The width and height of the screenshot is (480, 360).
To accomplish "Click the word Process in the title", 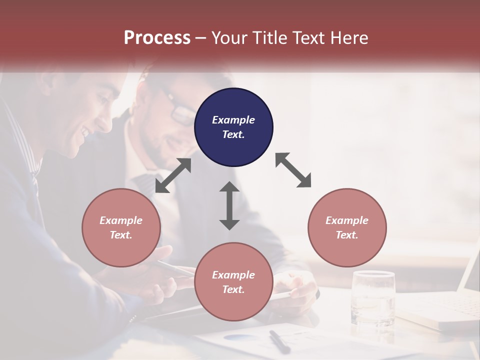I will [157, 38].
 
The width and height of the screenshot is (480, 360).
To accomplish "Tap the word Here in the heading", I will [348, 38].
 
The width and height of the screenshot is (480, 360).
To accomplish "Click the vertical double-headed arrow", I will [229, 205].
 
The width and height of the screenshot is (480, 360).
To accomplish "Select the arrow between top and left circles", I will [173, 175].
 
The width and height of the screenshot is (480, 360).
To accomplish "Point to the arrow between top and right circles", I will [293, 170].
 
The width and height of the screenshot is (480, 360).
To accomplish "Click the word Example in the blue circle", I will [233, 120].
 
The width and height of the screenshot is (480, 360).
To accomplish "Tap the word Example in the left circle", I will [121, 220].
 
